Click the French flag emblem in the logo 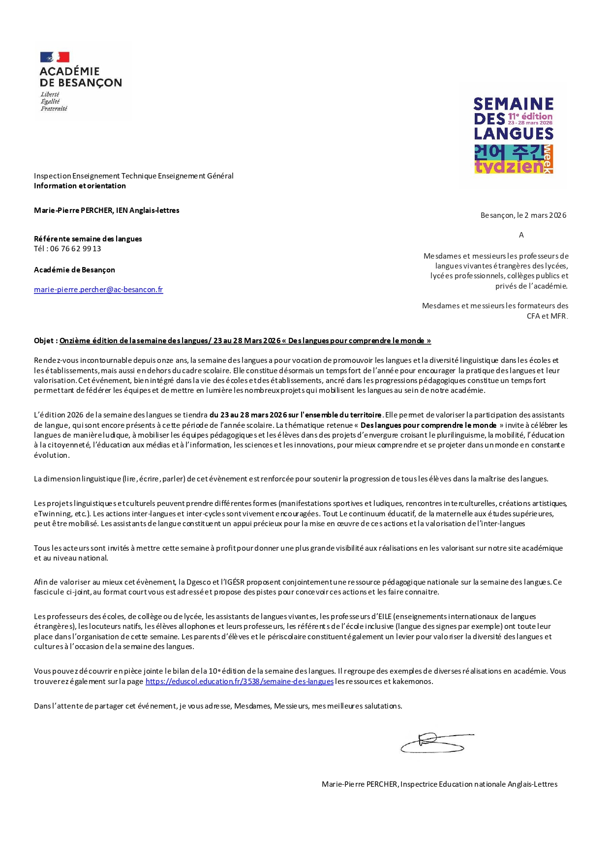pyautogui.click(x=55, y=57)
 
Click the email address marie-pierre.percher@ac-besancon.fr pyautogui.click(x=98, y=290)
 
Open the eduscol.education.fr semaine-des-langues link pyautogui.click(x=240, y=682)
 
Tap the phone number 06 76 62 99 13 pyautogui.click(x=76, y=249)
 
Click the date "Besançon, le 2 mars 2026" pyautogui.click(x=523, y=215)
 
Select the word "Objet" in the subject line pyautogui.click(x=44, y=341)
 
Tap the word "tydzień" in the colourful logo pyautogui.click(x=509, y=167)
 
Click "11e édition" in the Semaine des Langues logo pyautogui.click(x=530, y=117)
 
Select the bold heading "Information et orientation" pyautogui.click(x=80, y=186)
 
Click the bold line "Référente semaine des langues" pyautogui.click(x=88, y=239)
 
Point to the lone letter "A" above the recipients pyautogui.click(x=521, y=235)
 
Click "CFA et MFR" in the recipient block pyautogui.click(x=547, y=316)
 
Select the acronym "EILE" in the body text pyautogui.click(x=384, y=617)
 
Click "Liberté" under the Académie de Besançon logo pyautogui.click(x=50, y=94)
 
